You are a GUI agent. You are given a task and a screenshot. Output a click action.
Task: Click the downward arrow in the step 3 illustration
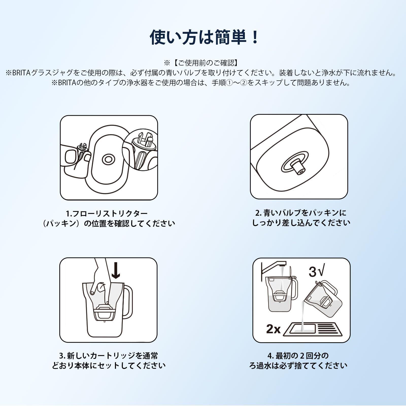[x=116, y=270]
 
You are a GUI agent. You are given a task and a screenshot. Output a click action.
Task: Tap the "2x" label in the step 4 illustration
[x=273, y=329]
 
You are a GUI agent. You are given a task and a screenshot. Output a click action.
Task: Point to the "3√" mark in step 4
[x=316, y=272]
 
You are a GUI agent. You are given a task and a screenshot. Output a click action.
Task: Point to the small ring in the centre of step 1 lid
[x=108, y=159]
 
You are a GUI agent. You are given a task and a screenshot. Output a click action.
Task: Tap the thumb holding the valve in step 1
[x=71, y=157]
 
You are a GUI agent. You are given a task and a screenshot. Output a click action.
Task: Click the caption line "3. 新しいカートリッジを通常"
[x=108, y=356]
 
